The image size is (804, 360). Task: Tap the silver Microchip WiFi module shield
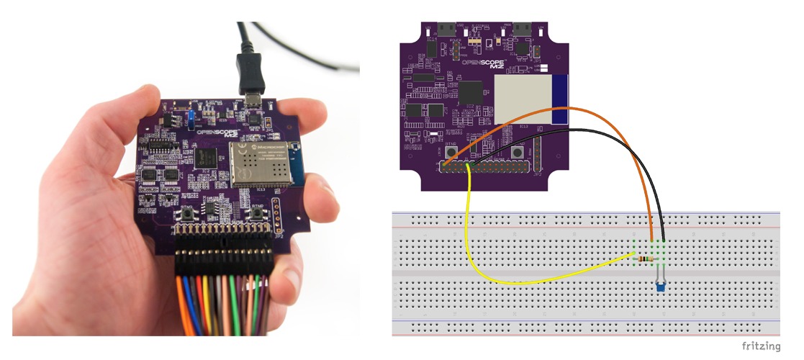260,163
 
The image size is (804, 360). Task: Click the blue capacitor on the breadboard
660,286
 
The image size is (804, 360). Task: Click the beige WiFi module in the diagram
523,98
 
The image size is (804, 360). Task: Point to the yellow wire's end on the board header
468,167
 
